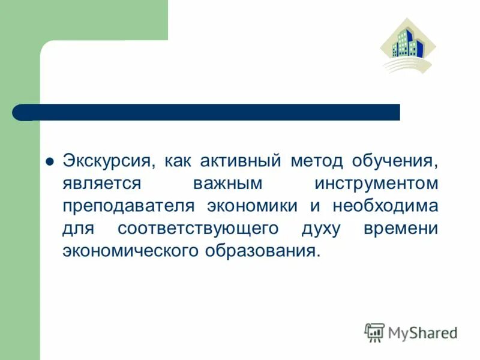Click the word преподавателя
click(128, 206)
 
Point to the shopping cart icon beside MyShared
click(374, 332)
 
